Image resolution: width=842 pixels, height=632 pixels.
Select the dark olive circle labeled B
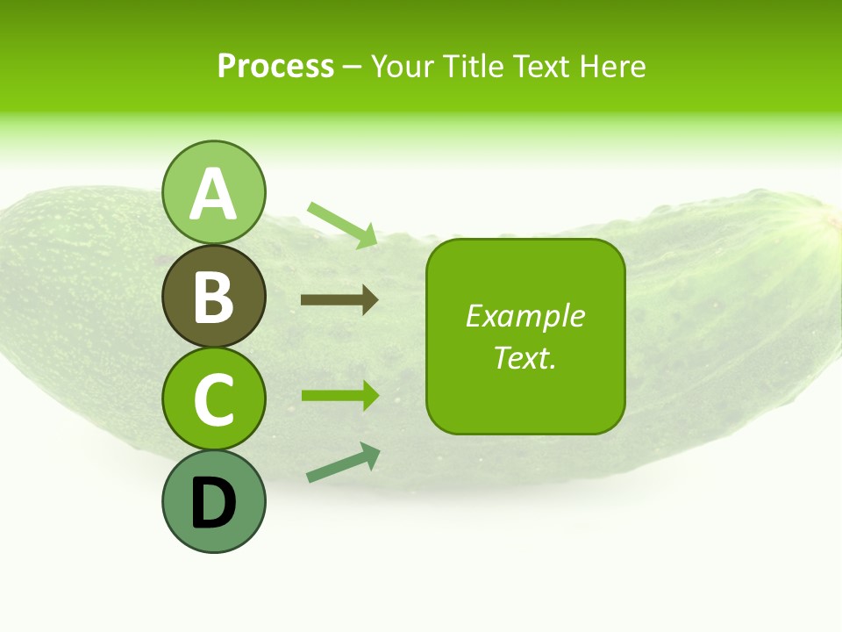214,297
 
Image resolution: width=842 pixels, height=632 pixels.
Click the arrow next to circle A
342,225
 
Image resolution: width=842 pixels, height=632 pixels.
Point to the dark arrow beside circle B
339,300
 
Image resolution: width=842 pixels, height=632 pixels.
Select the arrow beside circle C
339,395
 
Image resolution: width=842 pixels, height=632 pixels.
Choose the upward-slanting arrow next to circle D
343,463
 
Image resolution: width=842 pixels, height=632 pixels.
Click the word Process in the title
275,66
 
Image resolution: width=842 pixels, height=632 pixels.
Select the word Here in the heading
611,66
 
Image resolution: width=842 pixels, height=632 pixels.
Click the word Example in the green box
524,316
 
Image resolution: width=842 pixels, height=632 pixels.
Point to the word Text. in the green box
524,357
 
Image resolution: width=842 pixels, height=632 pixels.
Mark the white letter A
214,195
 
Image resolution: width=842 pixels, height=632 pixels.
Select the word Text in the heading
538,66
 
